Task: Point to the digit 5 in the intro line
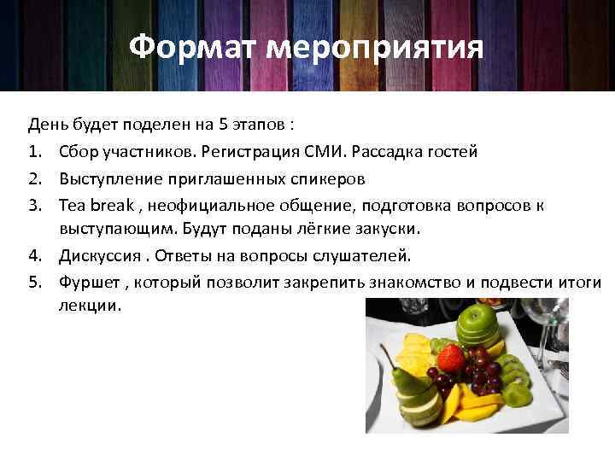coord(223,125)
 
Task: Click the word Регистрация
coord(248,151)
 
